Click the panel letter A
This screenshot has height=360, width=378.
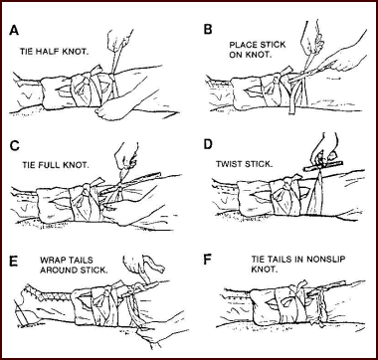tap(14, 30)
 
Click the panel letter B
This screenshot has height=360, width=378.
tap(208, 30)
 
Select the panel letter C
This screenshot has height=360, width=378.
tap(15, 146)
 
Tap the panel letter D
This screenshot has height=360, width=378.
tap(208, 146)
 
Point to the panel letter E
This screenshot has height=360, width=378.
tap(14, 261)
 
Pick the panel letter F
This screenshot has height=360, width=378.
tap(207, 260)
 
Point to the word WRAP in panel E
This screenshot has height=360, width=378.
tap(53, 260)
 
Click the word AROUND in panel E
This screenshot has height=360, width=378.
tap(58, 270)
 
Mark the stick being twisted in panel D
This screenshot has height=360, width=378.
tap(323, 165)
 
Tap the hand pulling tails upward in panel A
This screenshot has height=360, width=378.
tap(120, 42)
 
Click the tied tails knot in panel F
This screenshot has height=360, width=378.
tap(319, 300)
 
